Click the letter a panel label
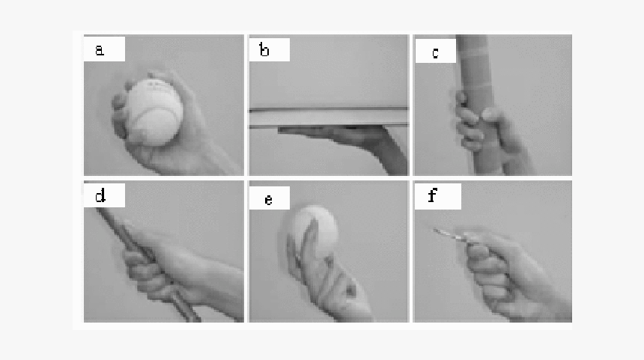pos(100,50)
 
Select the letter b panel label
pos(264,49)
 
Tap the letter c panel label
pos(435,53)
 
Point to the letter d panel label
pos(100,195)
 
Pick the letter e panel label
pos(268,200)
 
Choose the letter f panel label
pos(431,195)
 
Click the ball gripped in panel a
pos(154,112)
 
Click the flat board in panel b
pos(329,117)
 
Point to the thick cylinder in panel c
pos(479,105)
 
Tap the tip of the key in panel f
pos(435,231)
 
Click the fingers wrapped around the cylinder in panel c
pos(468,123)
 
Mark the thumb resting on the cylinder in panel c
pos(493,116)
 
